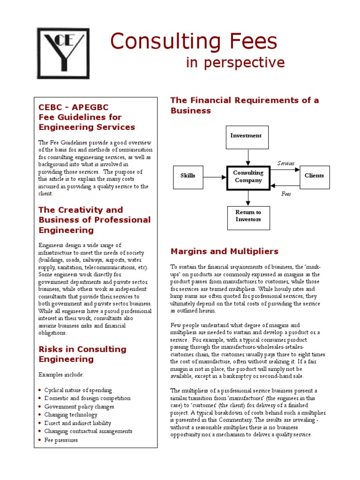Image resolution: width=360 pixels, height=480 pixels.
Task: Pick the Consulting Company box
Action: tap(248, 177)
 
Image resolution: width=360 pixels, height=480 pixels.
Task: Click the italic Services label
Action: tap(286, 164)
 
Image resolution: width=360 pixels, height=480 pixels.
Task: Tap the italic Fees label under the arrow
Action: tap(286, 193)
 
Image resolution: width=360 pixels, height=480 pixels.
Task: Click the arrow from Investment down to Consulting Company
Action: tap(248, 157)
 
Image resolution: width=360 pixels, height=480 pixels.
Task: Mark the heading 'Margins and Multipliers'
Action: tap(224, 252)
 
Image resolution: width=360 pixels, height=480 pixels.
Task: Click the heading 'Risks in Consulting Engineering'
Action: tap(82, 354)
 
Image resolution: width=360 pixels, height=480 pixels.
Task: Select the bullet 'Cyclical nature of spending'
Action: tap(78, 390)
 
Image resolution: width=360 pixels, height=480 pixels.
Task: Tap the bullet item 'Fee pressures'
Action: tap(61, 440)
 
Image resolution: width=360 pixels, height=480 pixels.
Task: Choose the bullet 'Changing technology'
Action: tap(71, 415)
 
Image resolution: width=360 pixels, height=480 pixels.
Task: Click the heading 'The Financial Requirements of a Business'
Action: tap(244, 105)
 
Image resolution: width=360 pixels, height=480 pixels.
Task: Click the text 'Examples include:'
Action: tap(61, 375)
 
